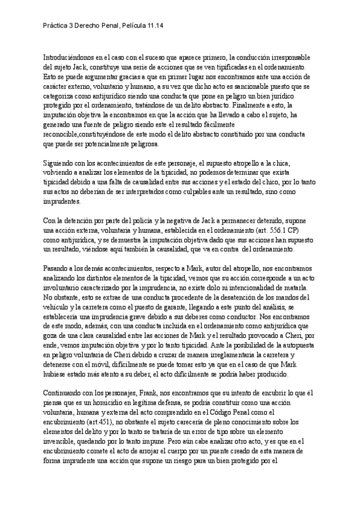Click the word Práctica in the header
[57, 26]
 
